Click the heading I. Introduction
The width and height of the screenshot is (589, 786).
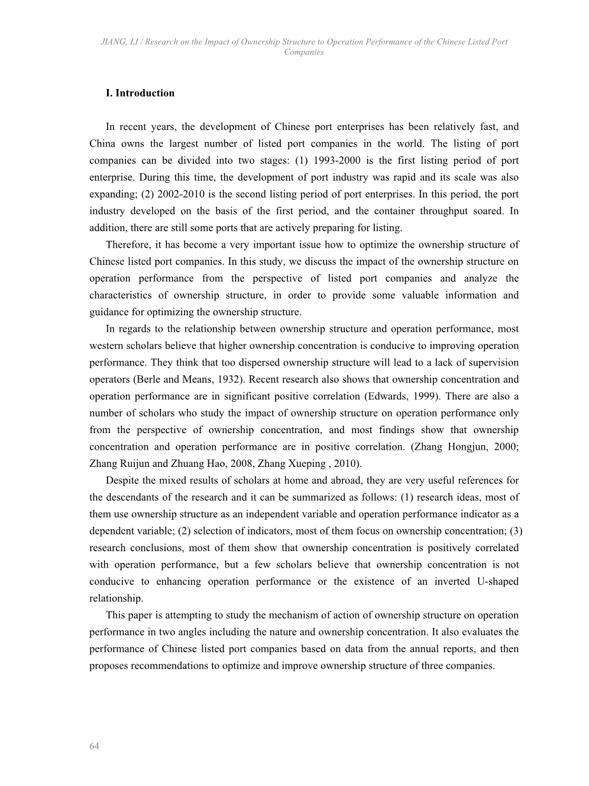click(x=139, y=93)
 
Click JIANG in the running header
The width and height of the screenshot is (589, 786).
click(x=113, y=42)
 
